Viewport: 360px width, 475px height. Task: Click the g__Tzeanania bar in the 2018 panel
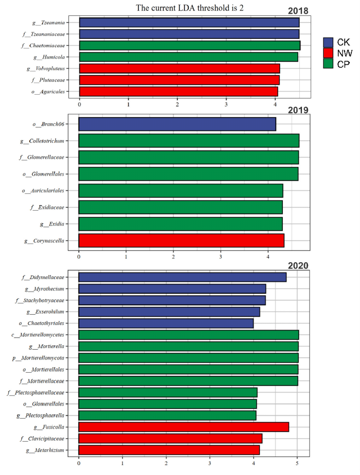pyautogui.click(x=189, y=22)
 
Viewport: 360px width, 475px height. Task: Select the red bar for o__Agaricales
pyautogui.click(x=178, y=91)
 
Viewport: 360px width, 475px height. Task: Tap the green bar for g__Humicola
pyautogui.click(x=188, y=57)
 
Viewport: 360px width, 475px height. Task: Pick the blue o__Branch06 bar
pyautogui.click(x=177, y=124)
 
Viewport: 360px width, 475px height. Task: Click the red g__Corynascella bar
pyautogui.click(x=181, y=241)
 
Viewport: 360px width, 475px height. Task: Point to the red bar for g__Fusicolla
pyautogui.click(x=183, y=427)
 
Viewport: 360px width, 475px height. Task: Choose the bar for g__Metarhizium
pyautogui.click(x=169, y=450)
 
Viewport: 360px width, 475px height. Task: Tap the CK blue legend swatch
pyautogui.click(x=328, y=43)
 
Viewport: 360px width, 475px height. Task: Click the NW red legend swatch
pyautogui.click(x=328, y=53)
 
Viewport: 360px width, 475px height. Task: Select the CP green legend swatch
pyautogui.click(x=328, y=63)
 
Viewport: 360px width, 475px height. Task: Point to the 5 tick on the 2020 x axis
pyautogui.click(x=297, y=464)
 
